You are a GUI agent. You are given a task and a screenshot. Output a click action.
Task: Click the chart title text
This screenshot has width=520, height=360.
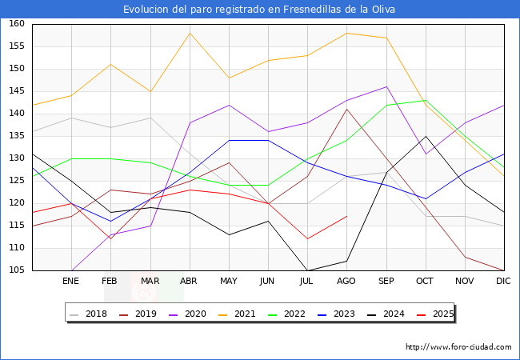(259, 10)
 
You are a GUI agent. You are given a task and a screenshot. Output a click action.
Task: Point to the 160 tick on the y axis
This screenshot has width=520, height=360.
(15, 24)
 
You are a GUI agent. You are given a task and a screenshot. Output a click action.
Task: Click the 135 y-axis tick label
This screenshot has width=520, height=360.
(15, 136)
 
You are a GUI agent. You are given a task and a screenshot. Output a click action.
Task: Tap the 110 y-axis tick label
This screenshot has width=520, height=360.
(15, 248)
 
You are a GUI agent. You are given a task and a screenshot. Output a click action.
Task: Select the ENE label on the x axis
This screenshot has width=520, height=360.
(70, 282)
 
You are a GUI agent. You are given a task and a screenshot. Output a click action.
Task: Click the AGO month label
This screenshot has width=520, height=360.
(346, 282)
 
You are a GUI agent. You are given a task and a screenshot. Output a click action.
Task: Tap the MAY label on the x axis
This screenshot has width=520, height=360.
(228, 282)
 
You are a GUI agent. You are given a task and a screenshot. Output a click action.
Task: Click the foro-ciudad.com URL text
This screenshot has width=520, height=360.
(458, 347)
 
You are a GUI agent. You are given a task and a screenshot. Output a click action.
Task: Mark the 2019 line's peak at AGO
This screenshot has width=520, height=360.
(346, 109)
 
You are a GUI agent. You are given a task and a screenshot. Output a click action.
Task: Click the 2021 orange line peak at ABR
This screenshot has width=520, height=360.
(189, 33)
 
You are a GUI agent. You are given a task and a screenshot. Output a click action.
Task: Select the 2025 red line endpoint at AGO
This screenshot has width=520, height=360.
(346, 216)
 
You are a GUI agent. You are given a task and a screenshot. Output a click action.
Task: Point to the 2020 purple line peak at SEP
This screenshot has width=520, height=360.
(386, 86)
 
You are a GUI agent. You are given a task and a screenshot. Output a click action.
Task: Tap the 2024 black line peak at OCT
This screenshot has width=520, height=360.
(426, 136)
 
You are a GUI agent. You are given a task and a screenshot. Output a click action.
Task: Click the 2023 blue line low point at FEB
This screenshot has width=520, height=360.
(110, 221)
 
